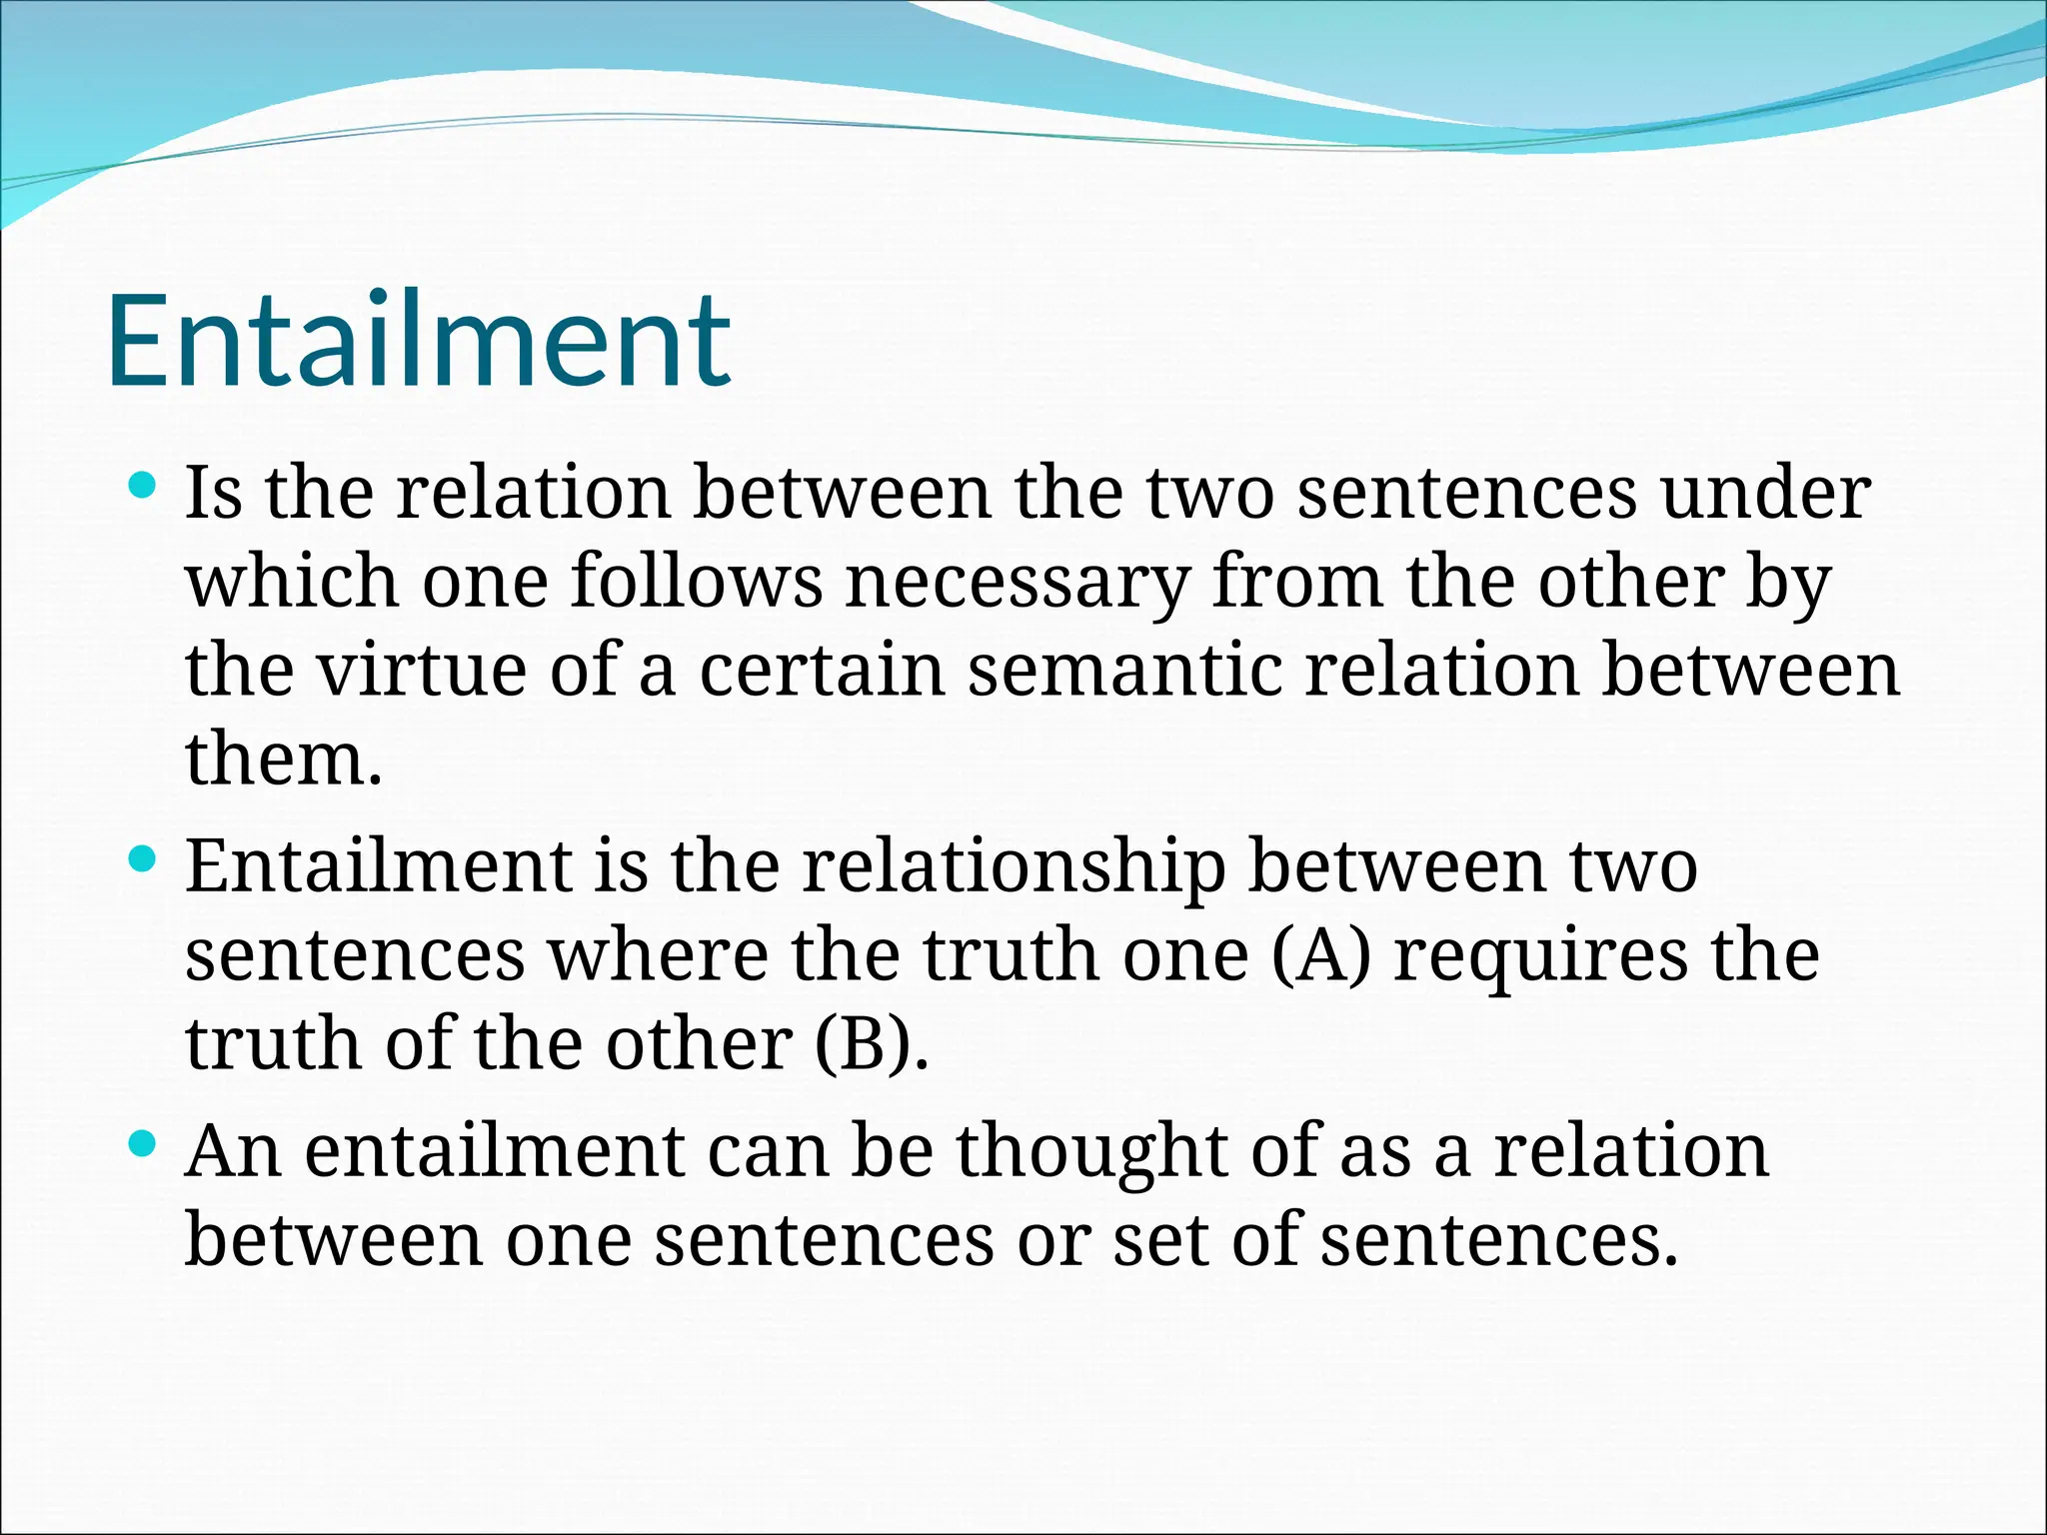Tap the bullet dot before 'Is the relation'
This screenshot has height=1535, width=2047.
click(144, 487)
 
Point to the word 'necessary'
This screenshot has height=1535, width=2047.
click(1018, 583)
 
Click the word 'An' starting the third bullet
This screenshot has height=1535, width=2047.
click(233, 1152)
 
